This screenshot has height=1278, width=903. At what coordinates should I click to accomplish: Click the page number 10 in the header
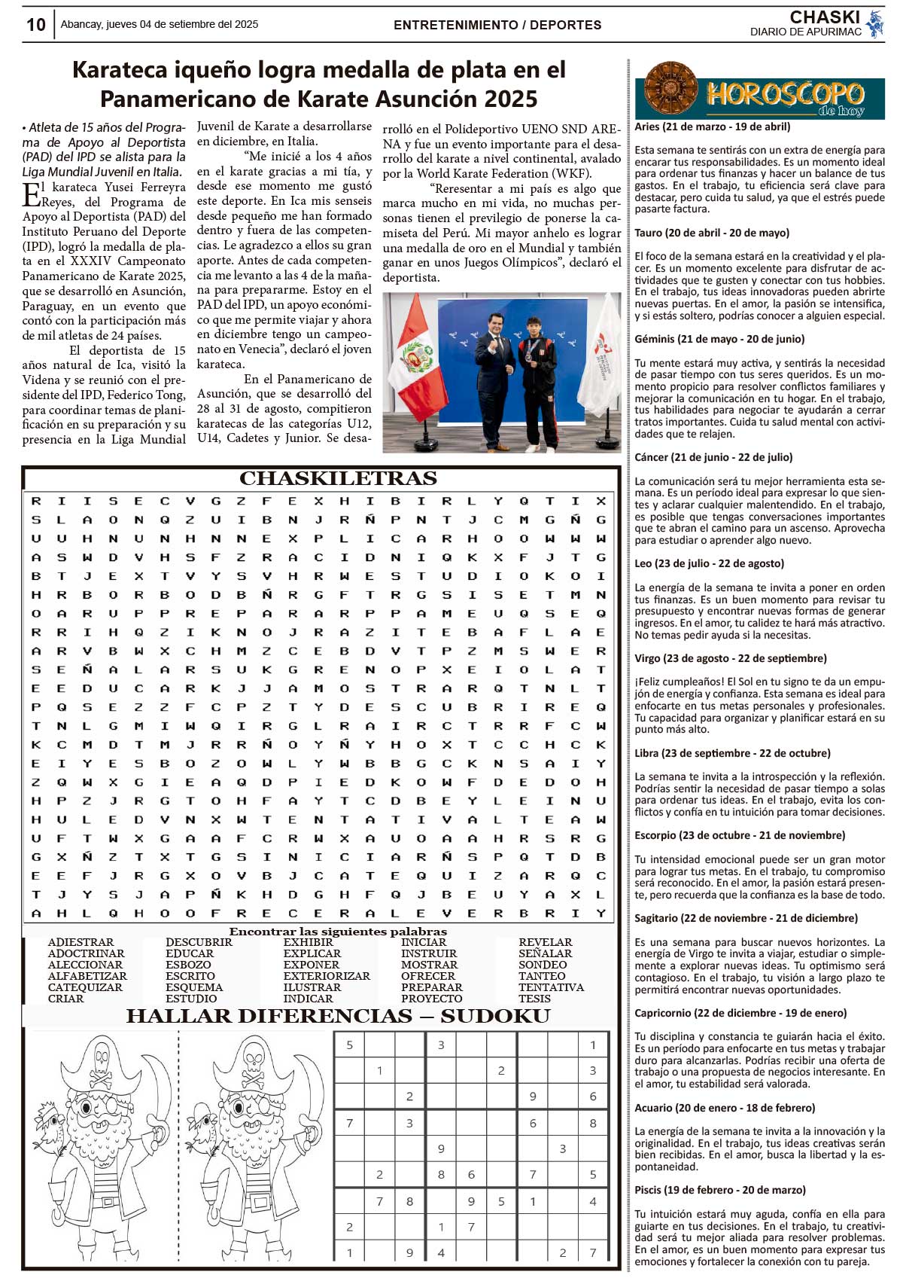[35, 25]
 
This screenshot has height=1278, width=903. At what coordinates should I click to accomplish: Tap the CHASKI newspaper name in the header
[825, 17]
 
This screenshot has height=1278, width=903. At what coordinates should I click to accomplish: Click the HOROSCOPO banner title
[784, 94]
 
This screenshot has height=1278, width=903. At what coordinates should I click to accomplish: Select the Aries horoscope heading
[712, 127]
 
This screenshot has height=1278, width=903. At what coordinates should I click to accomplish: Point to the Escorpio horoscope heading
[740, 835]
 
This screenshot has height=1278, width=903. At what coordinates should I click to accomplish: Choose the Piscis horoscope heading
[719, 1190]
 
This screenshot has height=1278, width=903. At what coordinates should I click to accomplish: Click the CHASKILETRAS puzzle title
[338, 479]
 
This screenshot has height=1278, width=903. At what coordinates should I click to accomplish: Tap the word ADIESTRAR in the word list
[81, 942]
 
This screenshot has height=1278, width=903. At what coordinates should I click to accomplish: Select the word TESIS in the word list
[534, 999]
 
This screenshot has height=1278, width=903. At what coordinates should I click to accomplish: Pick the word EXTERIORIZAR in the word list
[327, 976]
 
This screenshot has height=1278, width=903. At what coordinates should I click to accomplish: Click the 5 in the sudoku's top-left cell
[349, 1045]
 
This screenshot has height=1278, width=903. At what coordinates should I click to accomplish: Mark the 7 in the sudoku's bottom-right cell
[593, 1253]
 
